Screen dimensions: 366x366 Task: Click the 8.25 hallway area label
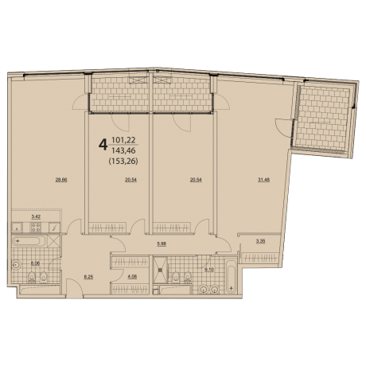(90, 278)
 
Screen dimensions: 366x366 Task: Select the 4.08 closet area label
(133, 277)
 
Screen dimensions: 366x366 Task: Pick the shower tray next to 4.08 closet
(162, 272)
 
